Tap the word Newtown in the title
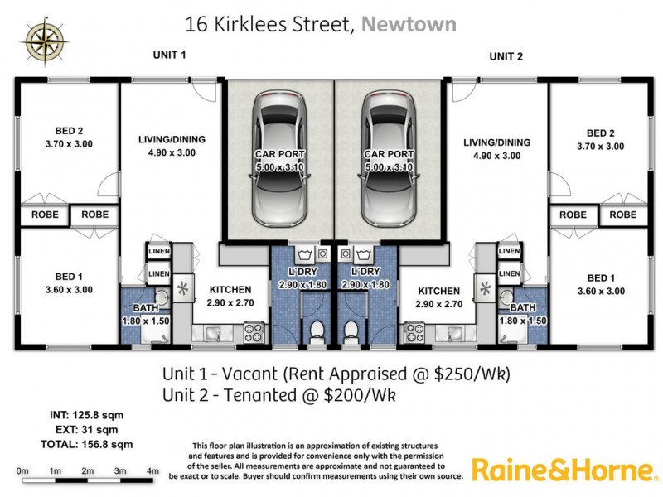tap(409, 24)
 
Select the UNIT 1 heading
tap(169, 55)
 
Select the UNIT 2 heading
tap(506, 56)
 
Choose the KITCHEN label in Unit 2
tap(438, 291)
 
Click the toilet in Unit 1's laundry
tap(316, 332)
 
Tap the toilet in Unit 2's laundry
tap(352, 332)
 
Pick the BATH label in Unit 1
tap(138, 307)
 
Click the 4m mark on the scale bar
tap(152, 471)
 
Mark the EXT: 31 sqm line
tap(86, 430)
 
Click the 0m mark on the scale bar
tap(22, 471)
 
